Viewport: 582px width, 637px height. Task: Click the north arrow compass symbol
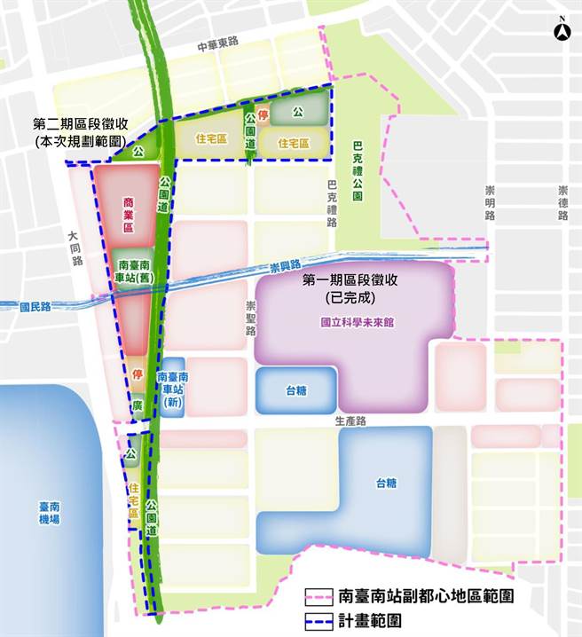561,30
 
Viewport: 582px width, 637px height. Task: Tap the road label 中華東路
218,43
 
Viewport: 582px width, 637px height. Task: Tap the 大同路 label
77,249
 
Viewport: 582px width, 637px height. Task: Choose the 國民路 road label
36,306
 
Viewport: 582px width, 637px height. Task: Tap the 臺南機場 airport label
49,513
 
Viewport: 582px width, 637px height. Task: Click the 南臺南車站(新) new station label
172,389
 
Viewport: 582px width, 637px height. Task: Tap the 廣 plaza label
138,404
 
